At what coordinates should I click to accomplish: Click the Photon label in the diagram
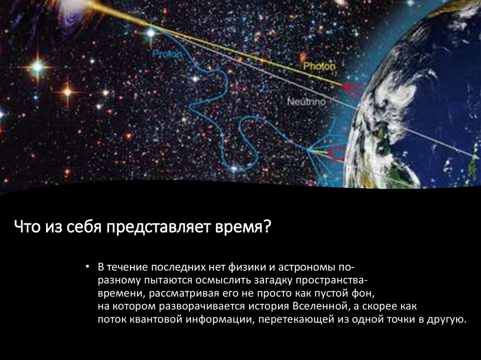pyautogui.click(x=319, y=67)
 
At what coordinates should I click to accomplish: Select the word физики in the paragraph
pyautogui.click(x=244, y=268)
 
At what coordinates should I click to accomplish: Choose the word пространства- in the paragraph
pyautogui.click(x=326, y=281)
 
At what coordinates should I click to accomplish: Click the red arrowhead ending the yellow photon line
pyautogui.click(x=348, y=87)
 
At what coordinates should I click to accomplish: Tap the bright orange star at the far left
pyautogui.click(x=67, y=92)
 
